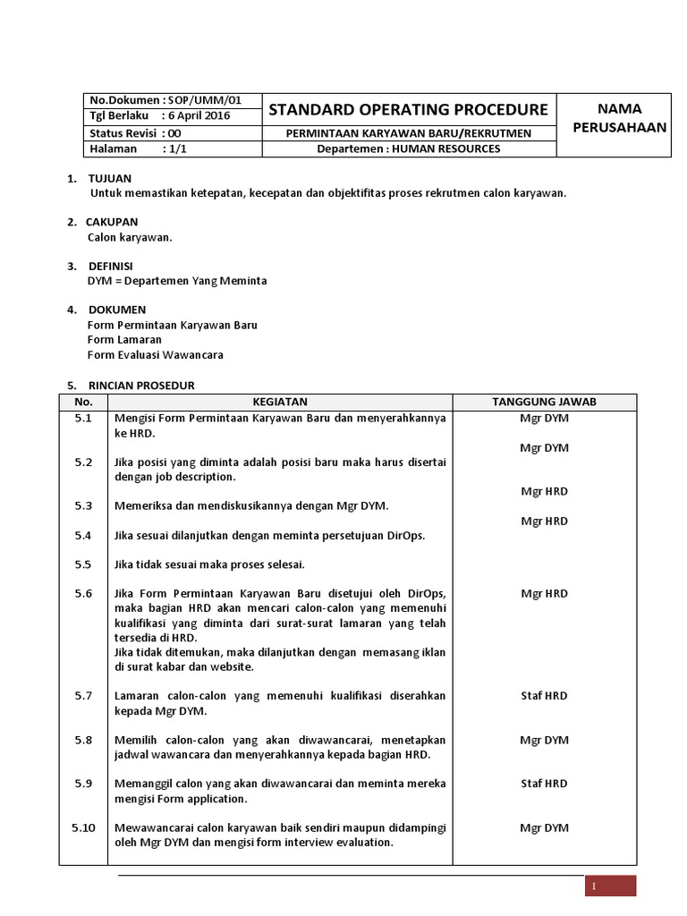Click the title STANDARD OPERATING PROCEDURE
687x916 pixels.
[408, 110]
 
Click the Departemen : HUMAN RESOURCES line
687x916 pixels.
[408, 148]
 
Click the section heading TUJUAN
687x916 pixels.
[109, 179]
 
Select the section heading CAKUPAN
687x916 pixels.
[112, 222]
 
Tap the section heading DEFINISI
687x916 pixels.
[110, 267]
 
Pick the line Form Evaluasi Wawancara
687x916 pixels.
[155, 354]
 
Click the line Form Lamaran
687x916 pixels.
[124, 340]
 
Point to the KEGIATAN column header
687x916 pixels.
[280, 403]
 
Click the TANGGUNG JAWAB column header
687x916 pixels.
[544, 403]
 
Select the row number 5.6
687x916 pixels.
[83, 594]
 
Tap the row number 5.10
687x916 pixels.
[83, 828]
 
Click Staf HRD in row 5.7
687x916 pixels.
[544, 696]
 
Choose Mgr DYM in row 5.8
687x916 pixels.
[544, 741]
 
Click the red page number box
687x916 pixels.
[611, 886]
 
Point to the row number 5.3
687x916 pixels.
[83, 506]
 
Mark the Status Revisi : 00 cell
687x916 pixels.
[135, 132]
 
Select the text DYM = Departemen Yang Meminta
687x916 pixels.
[177, 281]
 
